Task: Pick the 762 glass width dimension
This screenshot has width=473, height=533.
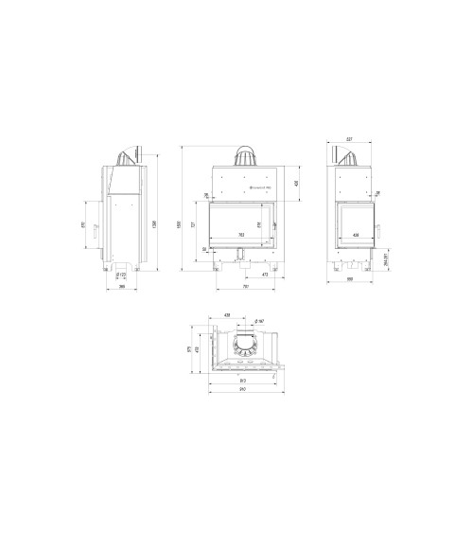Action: click(241, 234)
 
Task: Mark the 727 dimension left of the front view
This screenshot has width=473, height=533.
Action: click(194, 224)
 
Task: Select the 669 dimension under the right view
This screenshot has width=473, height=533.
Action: click(351, 281)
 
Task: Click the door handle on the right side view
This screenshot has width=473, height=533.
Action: click(380, 226)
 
